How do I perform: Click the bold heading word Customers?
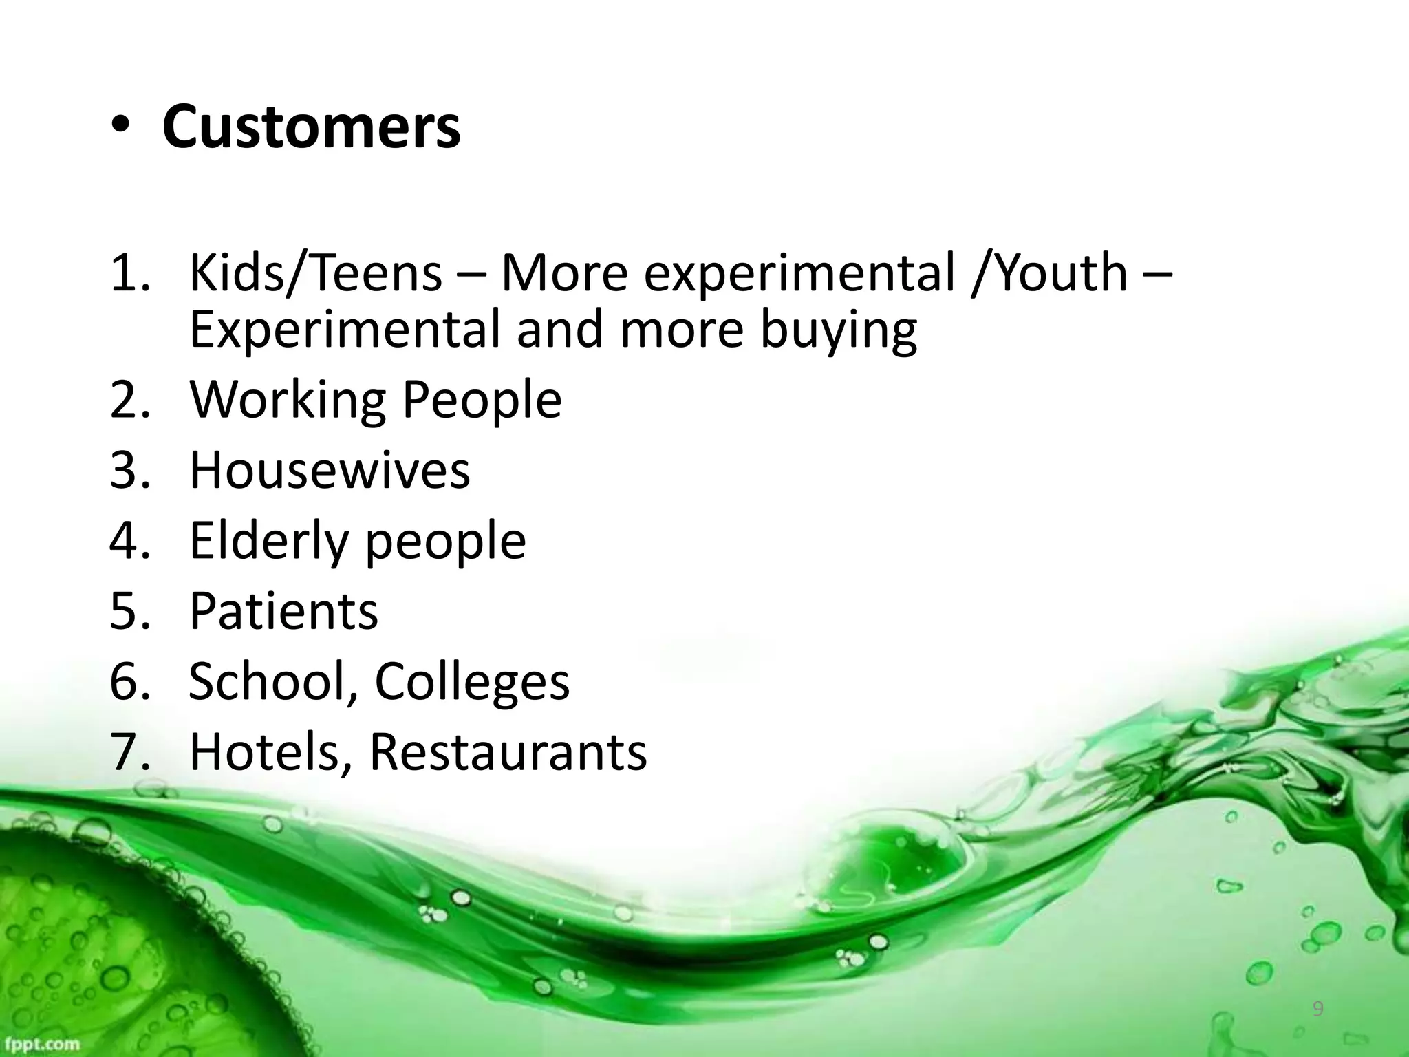click(311, 127)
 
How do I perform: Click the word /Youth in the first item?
click(1048, 273)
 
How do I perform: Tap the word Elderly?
click(268, 541)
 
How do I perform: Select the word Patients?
click(283, 611)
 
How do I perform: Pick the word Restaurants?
click(508, 751)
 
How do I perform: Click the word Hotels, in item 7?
click(271, 751)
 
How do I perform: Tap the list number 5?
click(125, 611)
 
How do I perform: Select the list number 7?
click(125, 751)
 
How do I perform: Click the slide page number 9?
click(1317, 1010)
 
